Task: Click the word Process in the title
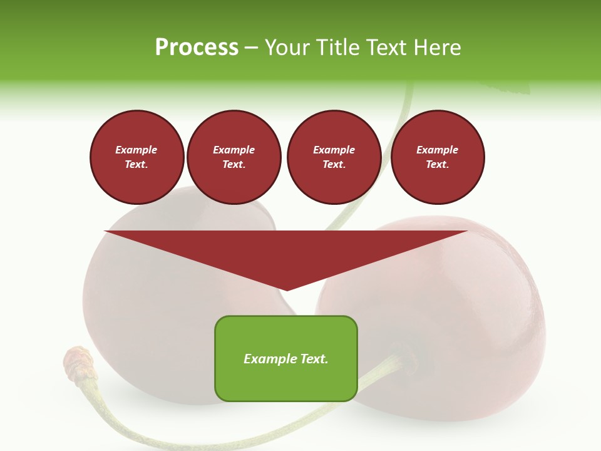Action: pos(197,48)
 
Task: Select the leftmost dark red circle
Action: pos(136,157)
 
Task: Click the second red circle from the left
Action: pos(234,157)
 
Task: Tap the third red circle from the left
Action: pos(334,157)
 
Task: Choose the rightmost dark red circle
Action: pos(437,157)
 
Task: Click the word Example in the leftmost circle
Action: pos(136,150)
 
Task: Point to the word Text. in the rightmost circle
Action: pos(437,165)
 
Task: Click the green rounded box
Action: pos(286,358)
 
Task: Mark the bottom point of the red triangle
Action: pos(287,290)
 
